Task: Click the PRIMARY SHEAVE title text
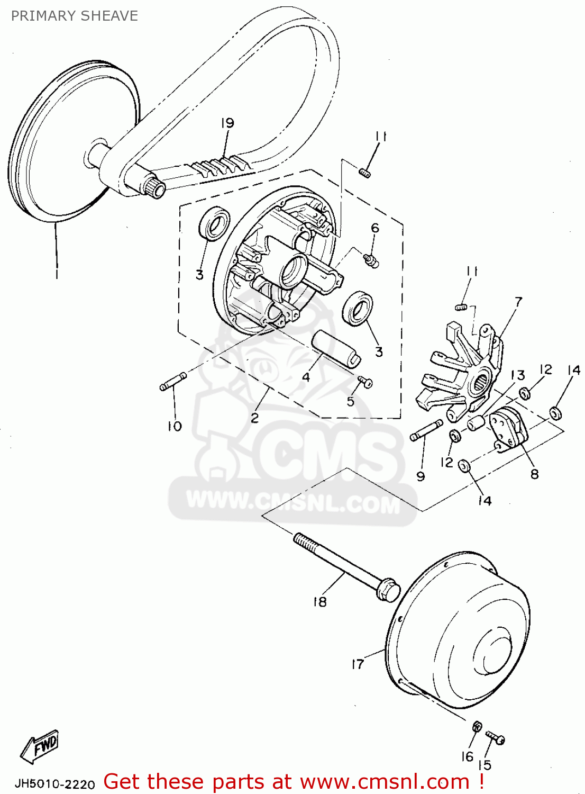tap(75, 16)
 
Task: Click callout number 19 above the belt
tap(227, 123)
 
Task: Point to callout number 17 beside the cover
tap(358, 664)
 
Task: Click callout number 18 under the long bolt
tap(320, 602)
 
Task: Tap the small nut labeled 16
tap(476, 726)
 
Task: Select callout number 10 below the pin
tap(175, 426)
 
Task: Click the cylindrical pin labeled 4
tap(336, 347)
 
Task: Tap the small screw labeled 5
tap(365, 381)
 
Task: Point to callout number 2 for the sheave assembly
tap(255, 418)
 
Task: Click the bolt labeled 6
tap(372, 259)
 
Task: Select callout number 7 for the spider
tap(518, 302)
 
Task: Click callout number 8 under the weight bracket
tap(534, 474)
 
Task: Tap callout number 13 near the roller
tap(518, 375)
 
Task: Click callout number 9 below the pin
tap(421, 476)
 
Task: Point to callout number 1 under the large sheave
tap(57, 275)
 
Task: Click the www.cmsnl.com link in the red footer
tap(385, 782)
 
